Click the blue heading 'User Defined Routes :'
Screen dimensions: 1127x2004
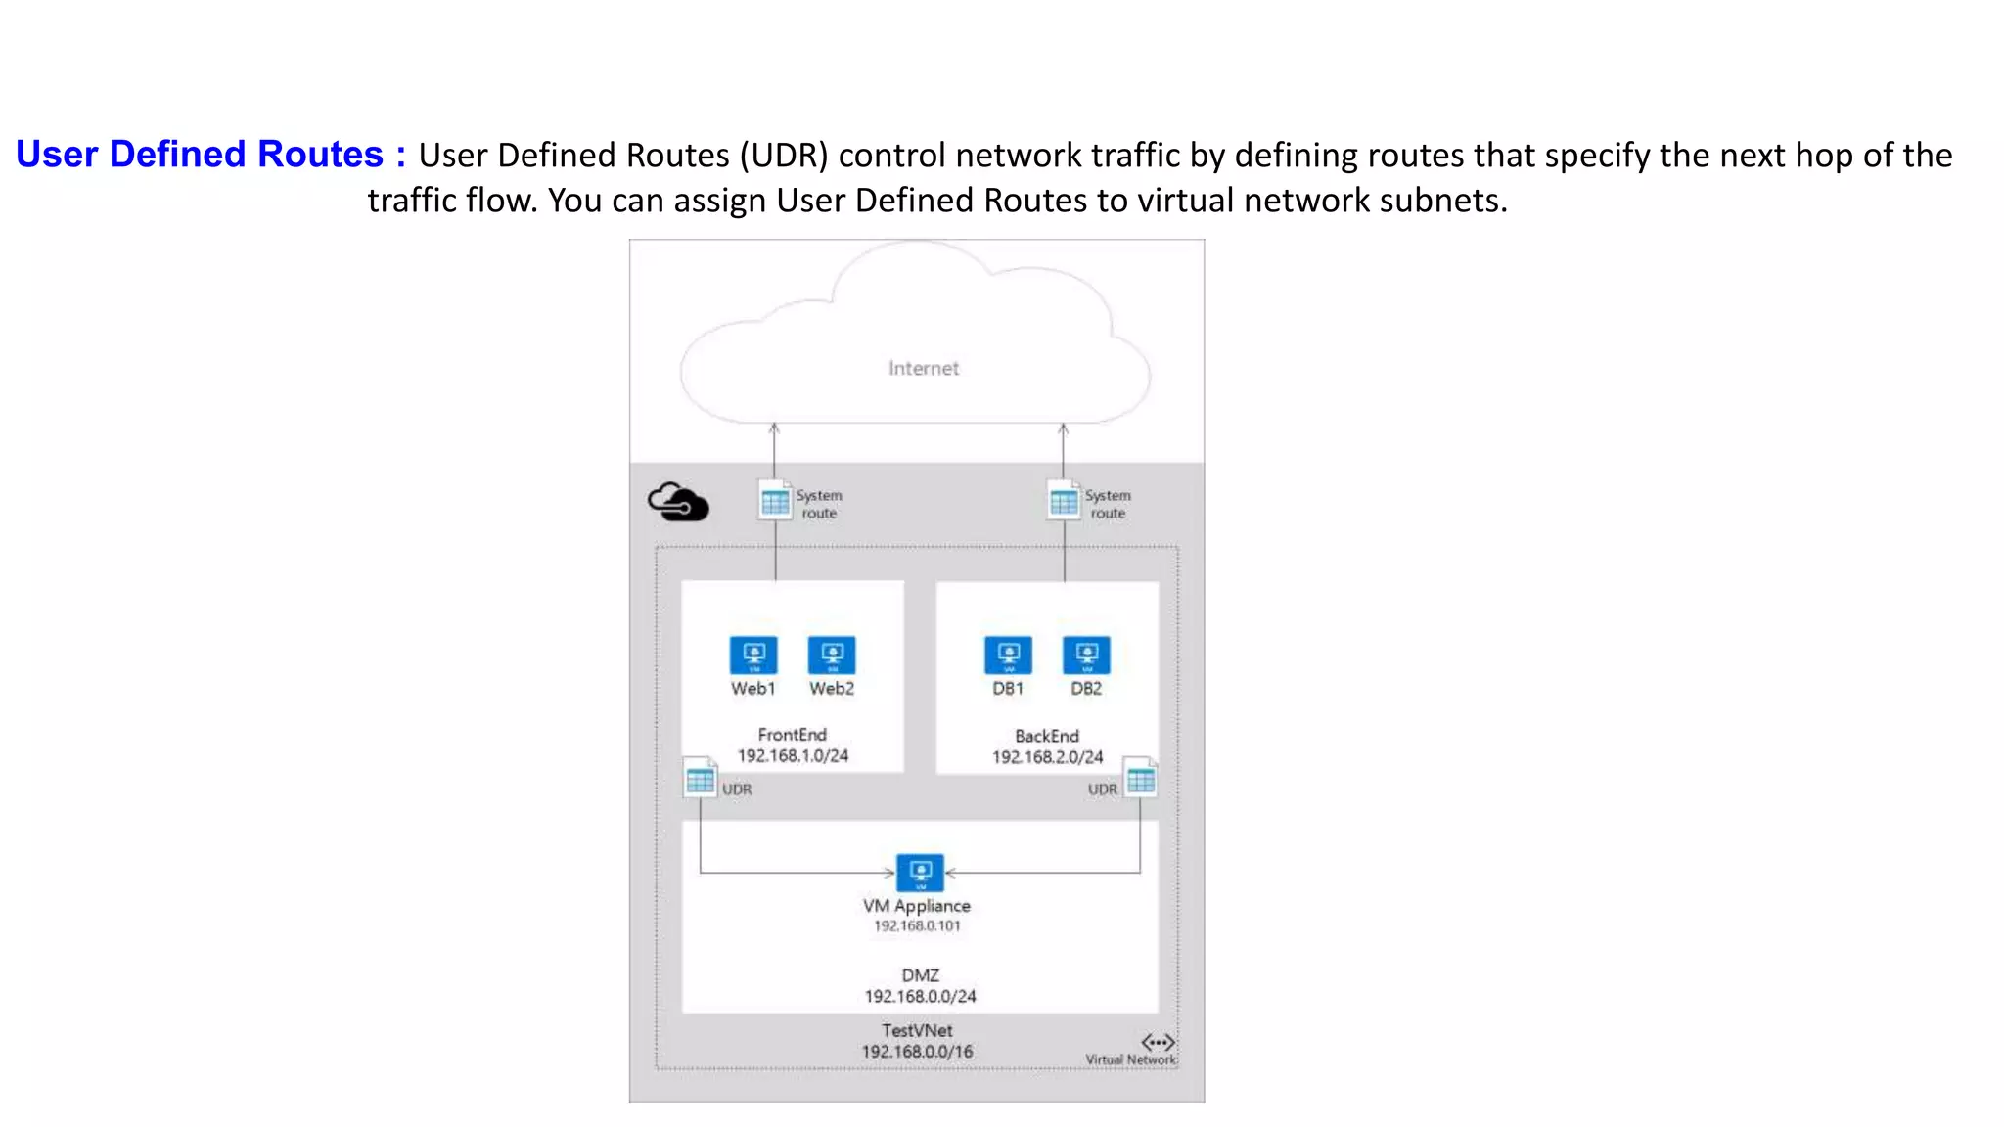210,155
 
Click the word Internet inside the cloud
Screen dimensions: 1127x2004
923,369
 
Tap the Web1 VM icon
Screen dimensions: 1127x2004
753,654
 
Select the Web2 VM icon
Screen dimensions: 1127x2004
832,654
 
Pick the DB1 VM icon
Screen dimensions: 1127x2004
1008,654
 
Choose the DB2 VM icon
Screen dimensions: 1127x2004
1086,654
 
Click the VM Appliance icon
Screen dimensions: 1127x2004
920,872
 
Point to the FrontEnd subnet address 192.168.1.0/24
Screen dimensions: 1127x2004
793,755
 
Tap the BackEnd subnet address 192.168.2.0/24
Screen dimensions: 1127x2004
1047,757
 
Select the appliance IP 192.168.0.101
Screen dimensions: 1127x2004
917,925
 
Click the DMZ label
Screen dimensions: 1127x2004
920,975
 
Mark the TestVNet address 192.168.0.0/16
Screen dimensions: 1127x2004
917,1052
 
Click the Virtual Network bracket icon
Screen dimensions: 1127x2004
1158,1042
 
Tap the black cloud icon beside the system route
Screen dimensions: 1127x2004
678,502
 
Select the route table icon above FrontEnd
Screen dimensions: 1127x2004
775,500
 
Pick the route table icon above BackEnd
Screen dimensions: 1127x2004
1064,500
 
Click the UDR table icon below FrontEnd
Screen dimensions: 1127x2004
700,779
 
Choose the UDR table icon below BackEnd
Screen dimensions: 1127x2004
1140,779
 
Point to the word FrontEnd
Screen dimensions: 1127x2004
792,734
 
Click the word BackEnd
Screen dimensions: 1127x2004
1047,736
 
